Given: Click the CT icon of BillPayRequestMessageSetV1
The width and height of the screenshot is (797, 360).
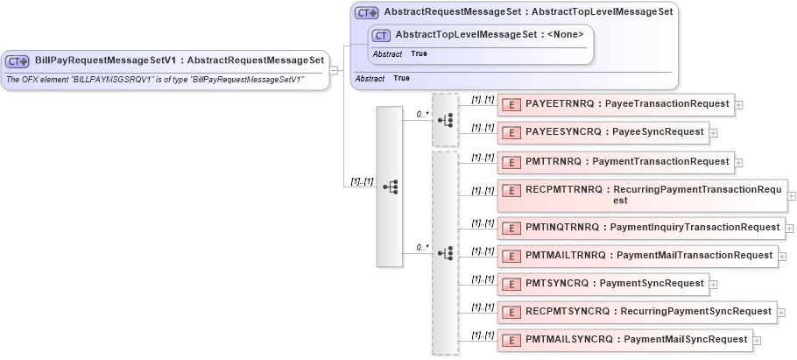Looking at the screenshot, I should tap(18, 61).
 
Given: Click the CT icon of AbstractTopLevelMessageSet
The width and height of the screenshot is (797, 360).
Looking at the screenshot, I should tap(381, 35).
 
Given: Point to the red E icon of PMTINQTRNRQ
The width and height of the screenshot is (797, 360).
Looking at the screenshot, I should tap(511, 228).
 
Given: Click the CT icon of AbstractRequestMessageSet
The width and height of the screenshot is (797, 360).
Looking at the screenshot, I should tap(367, 13).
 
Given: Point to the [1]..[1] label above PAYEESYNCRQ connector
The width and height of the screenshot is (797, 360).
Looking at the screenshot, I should tap(483, 127).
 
